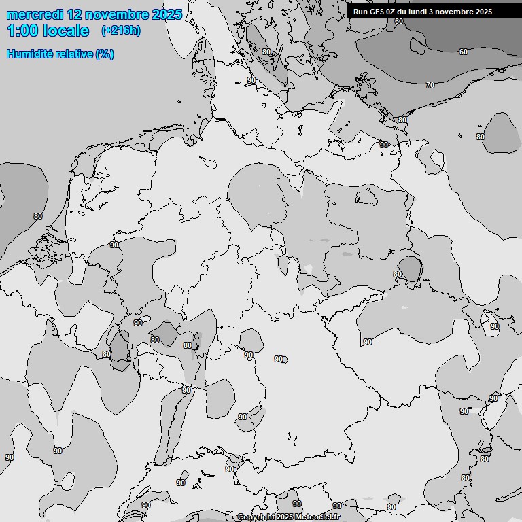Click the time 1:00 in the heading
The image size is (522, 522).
[x=23, y=31]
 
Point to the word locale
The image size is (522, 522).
[x=66, y=31]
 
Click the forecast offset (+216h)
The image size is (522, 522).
[x=121, y=31]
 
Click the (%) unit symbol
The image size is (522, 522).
[x=105, y=54]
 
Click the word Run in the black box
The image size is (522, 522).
[x=361, y=12]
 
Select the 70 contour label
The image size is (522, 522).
[x=430, y=85]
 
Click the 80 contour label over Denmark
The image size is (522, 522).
[x=266, y=52]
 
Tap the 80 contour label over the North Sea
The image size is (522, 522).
[x=37, y=216]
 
